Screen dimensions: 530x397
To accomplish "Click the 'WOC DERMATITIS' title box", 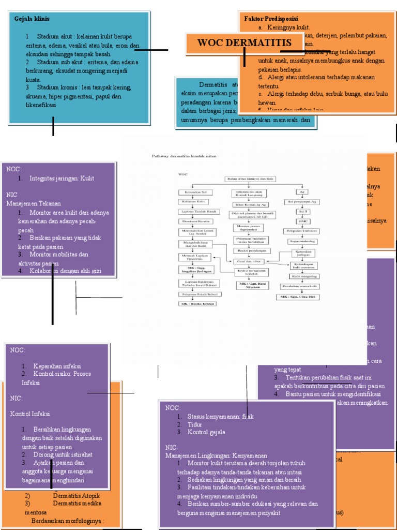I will coord(245,42).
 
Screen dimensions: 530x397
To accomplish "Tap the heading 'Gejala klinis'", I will coord(32,19).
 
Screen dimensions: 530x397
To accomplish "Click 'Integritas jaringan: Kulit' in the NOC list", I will coord(62,178).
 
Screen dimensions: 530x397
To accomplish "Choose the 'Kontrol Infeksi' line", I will coord(30,414).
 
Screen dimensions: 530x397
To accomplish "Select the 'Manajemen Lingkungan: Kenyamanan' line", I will coord(213,455).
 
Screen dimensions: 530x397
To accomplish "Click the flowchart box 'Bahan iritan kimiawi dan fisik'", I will coord(251,179).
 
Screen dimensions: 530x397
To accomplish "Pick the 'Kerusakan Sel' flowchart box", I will coord(192,193).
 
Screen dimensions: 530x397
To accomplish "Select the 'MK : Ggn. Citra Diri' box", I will coord(298,297).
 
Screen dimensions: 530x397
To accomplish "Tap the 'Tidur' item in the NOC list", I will coord(194,424).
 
